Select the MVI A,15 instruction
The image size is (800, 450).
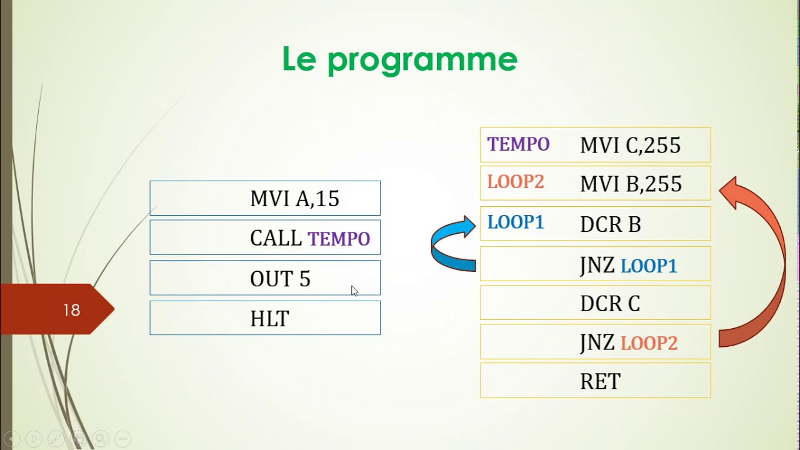[x=294, y=199]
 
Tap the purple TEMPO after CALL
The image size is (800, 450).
[x=339, y=239]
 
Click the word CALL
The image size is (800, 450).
[x=276, y=238]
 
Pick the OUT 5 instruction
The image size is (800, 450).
[x=280, y=279]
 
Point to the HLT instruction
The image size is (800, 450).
[x=269, y=319]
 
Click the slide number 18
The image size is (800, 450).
[x=71, y=310]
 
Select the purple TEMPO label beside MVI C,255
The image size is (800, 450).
[x=518, y=144]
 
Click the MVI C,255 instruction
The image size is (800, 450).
[x=630, y=146]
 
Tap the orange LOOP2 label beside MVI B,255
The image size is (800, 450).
[x=516, y=182]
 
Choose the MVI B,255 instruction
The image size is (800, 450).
[x=631, y=184]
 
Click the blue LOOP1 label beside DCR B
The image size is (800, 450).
[x=516, y=222]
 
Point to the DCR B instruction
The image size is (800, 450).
[x=610, y=224]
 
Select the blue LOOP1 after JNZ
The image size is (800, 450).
[x=649, y=266]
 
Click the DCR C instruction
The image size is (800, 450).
[x=609, y=304]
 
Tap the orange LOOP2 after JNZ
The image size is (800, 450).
[x=649, y=344]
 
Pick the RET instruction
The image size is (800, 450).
[x=600, y=381]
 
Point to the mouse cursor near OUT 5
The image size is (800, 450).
[x=354, y=290]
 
